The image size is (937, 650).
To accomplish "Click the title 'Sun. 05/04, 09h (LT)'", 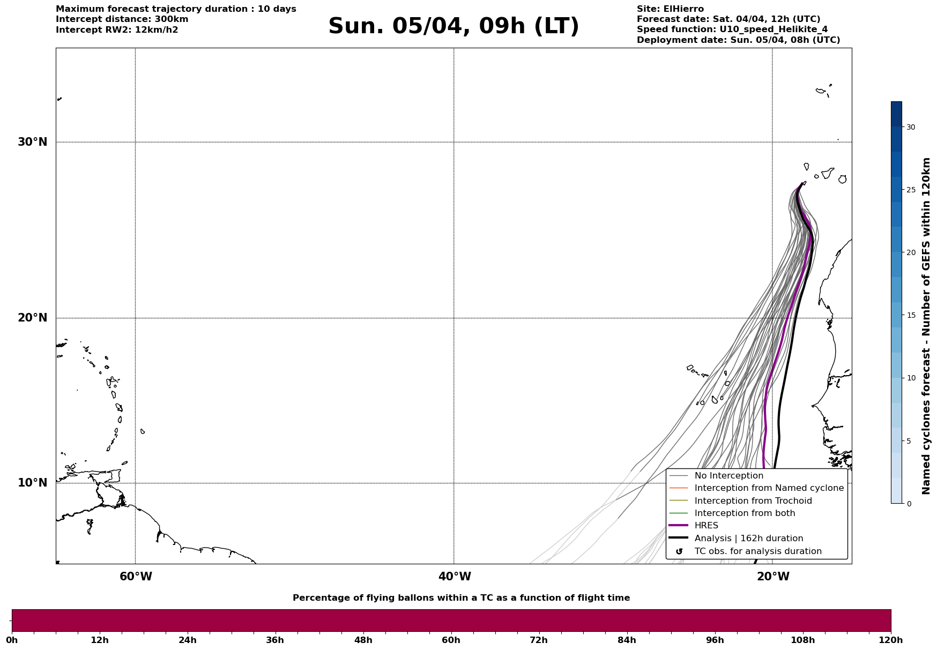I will point(453,26).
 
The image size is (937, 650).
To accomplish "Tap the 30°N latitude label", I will point(33,142).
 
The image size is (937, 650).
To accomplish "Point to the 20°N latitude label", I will point(33,318).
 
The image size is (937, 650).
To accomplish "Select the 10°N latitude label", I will point(33,483).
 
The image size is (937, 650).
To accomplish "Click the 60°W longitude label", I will point(136,577).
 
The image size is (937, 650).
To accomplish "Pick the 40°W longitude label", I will point(455,577).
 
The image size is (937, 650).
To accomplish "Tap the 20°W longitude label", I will point(773,577).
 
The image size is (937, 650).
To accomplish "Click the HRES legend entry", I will point(706,526).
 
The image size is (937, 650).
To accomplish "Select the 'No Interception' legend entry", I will point(728,476).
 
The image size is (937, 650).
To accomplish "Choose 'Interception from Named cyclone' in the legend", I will point(769,488).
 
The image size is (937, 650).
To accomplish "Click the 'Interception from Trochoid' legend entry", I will point(753,501).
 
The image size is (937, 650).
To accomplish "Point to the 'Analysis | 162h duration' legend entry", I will point(748,539).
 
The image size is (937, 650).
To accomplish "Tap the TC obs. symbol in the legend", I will point(679,551).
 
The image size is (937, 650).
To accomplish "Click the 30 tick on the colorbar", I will point(911,127).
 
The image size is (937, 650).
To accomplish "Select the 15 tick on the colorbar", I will point(911,315).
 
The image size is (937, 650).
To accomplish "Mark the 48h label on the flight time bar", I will point(363,640).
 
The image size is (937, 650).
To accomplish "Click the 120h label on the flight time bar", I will point(890,640).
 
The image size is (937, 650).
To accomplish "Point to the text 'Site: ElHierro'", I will point(670,9).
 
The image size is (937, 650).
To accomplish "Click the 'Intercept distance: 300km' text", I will point(122,19).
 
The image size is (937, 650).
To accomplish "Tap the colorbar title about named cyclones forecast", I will point(926,326).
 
